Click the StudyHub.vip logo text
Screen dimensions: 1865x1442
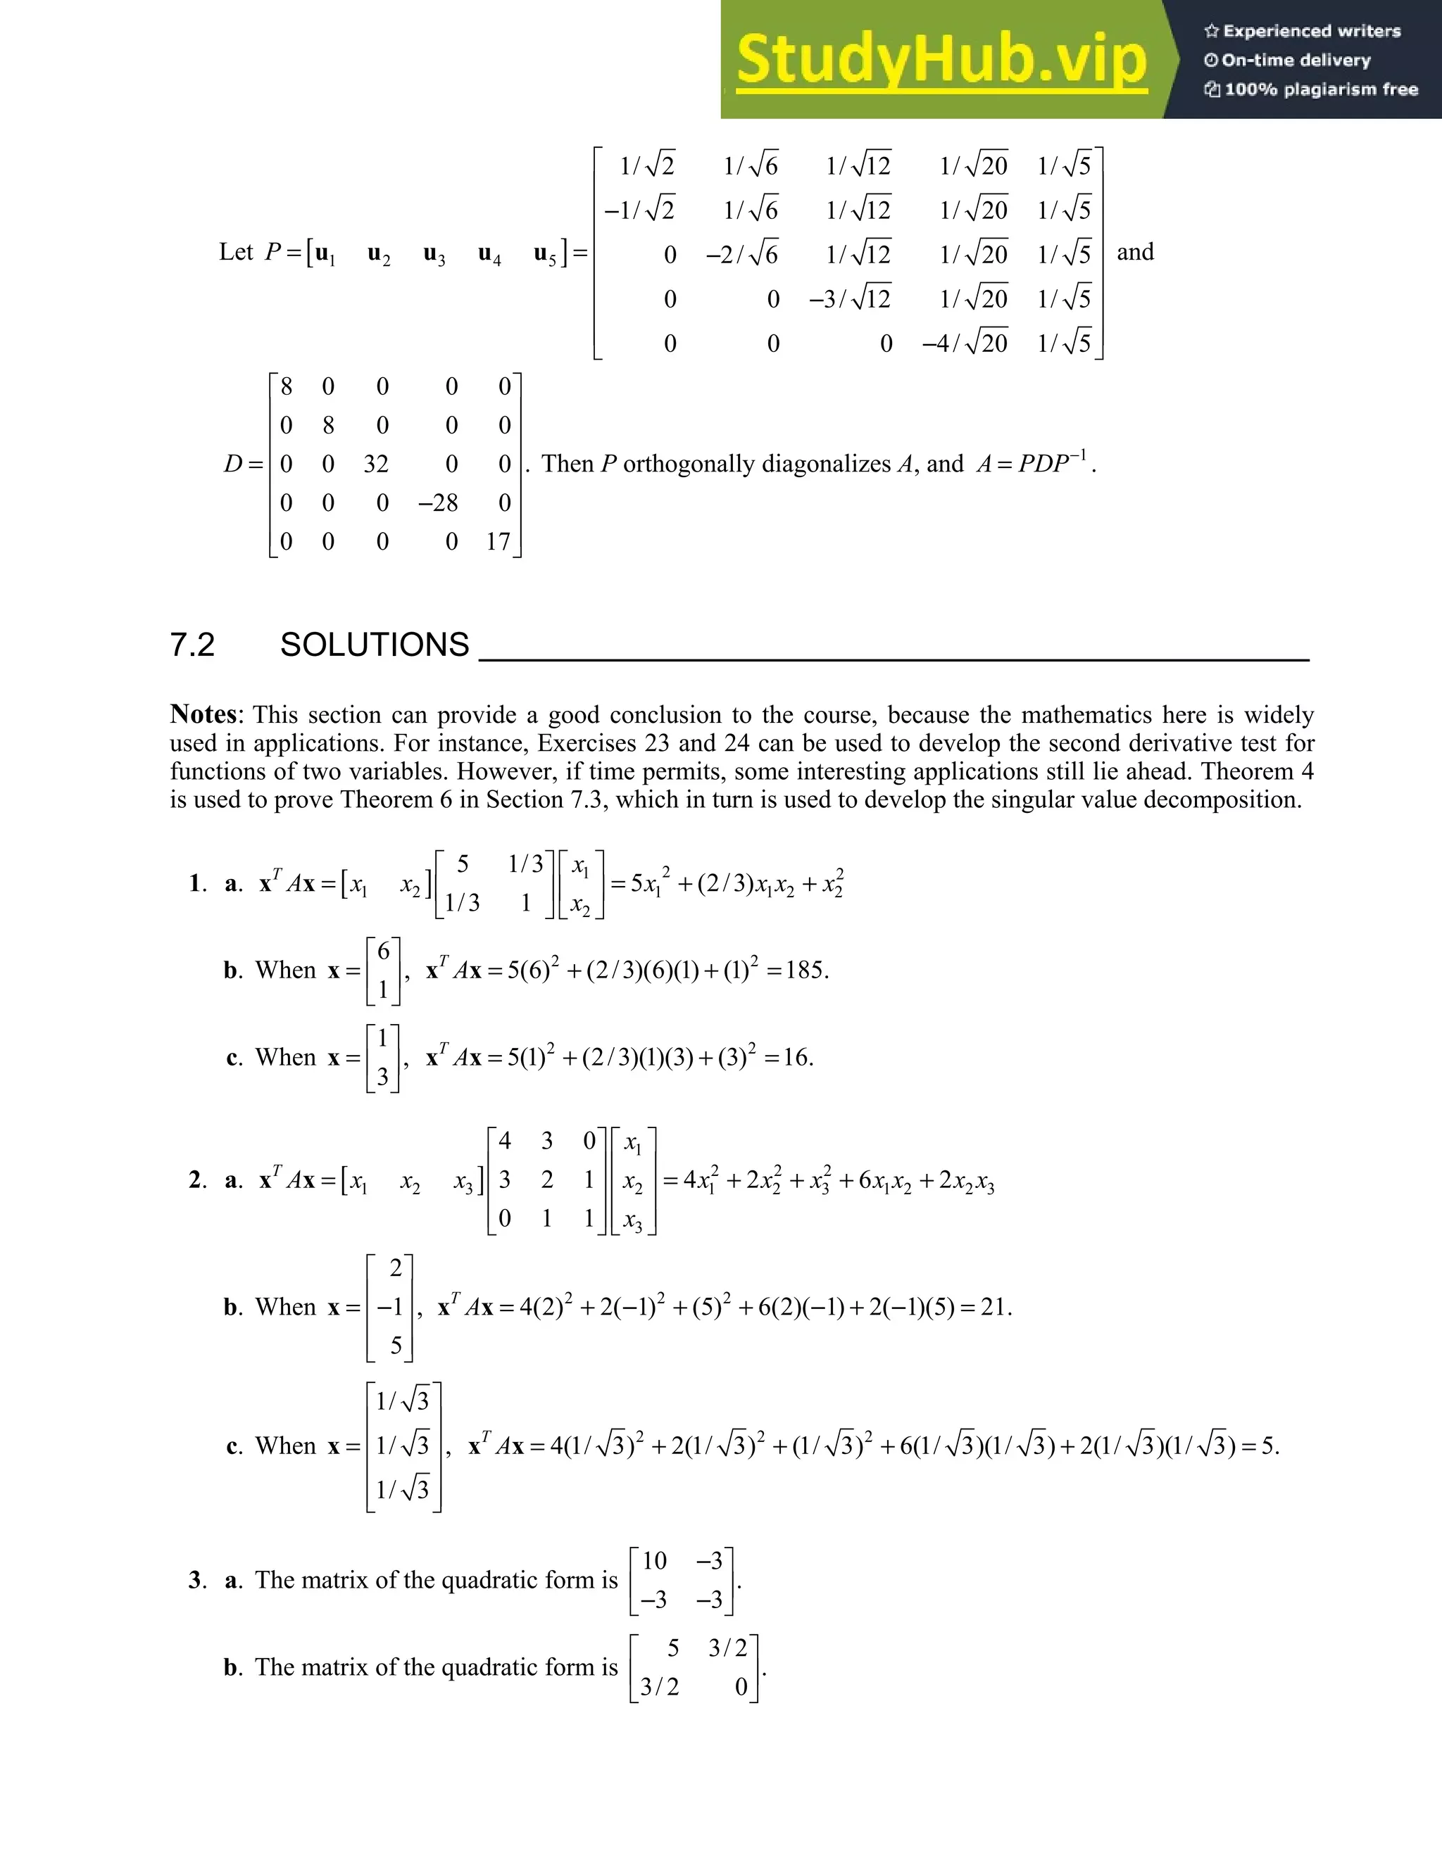click(941, 60)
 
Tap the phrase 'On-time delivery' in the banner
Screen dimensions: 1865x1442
click(1295, 60)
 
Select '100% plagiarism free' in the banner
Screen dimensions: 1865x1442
click(1320, 89)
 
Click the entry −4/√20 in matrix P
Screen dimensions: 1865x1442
click(965, 343)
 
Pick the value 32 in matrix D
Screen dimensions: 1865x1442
click(376, 464)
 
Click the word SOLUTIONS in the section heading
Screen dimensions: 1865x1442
click(374, 645)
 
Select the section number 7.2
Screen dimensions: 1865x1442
click(192, 645)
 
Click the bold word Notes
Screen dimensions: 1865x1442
click(203, 714)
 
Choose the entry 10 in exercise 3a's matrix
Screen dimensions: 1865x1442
click(653, 1561)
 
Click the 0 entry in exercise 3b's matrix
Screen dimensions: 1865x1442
click(741, 1686)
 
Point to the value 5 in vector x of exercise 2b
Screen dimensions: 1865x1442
click(396, 1346)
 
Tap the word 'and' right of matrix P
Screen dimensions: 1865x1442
click(1134, 252)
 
